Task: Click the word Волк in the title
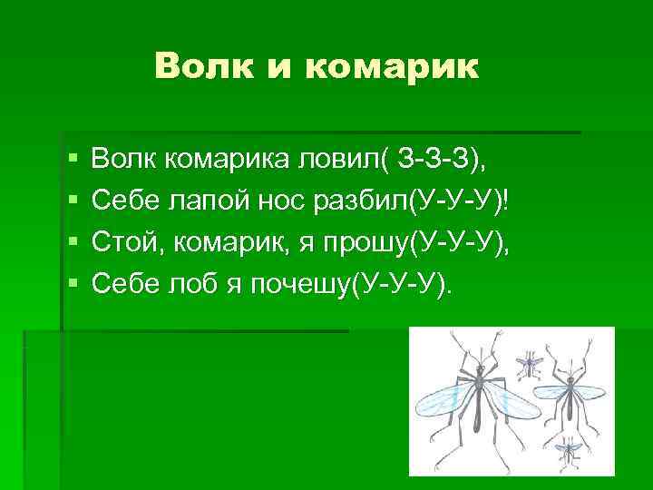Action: point(200,65)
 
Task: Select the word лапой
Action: point(205,201)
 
